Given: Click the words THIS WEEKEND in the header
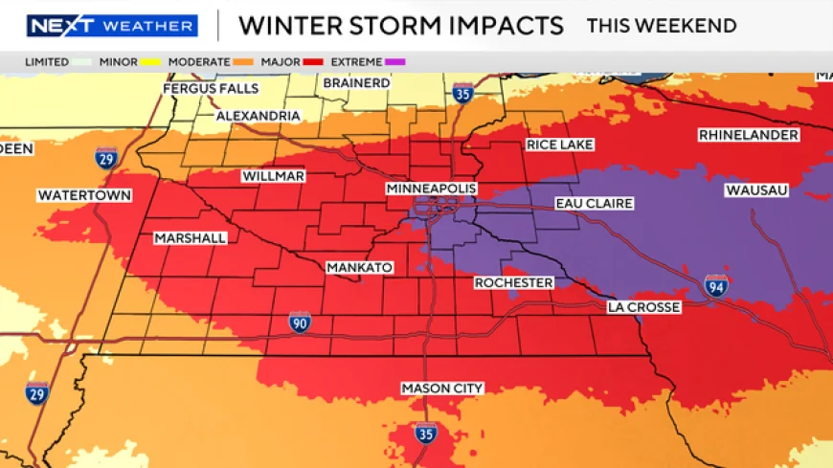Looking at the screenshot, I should pyautogui.click(x=662, y=26).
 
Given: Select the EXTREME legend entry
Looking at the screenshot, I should pyautogui.click(x=368, y=62).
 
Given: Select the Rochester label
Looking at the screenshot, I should pyautogui.click(x=513, y=282).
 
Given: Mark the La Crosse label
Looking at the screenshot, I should pyautogui.click(x=643, y=307).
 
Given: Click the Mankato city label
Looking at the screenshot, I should pyautogui.click(x=359, y=267).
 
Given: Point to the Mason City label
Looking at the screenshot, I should pyautogui.click(x=441, y=388).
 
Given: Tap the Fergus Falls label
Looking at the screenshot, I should pyautogui.click(x=211, y=88).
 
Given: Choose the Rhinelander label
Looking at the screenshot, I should pyautogui.click(x=749, y=135).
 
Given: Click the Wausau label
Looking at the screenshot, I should pyautogui.click(x=756, y=190).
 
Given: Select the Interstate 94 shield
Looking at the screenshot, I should pyautogui.click(x=716, y=284).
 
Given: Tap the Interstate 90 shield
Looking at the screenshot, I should pyautogui.click(x=300, y=322).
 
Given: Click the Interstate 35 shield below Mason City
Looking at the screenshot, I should pyautogui.click(x=427, y=433).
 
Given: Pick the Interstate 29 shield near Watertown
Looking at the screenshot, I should pyautogui.click(x=106, y=159).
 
